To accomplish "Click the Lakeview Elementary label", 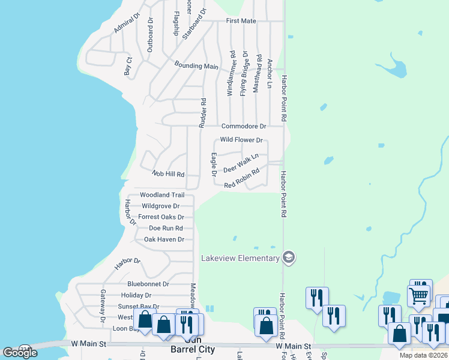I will pos(240,258).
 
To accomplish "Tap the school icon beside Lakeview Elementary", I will pos(289,257).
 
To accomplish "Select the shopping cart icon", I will pos(418,295).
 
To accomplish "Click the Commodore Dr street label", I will pos(243,127).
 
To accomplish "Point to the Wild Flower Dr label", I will pos(241,140).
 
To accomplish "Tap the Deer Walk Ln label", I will pos(241,163).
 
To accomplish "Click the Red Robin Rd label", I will pos(241,179).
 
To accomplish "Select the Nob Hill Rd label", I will pos(167,173).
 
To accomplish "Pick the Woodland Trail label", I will pos(162,195).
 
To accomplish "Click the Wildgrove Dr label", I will pos(160,206).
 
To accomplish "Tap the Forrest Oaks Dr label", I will pos(161,217).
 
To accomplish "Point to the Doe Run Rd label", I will pos(166,228).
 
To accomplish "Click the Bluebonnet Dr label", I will pos(148,284).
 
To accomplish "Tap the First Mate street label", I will pos(241,21).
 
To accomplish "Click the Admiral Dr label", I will pos(125,23).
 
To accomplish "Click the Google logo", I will pos(20,353).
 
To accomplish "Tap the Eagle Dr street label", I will pos(214,165).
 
